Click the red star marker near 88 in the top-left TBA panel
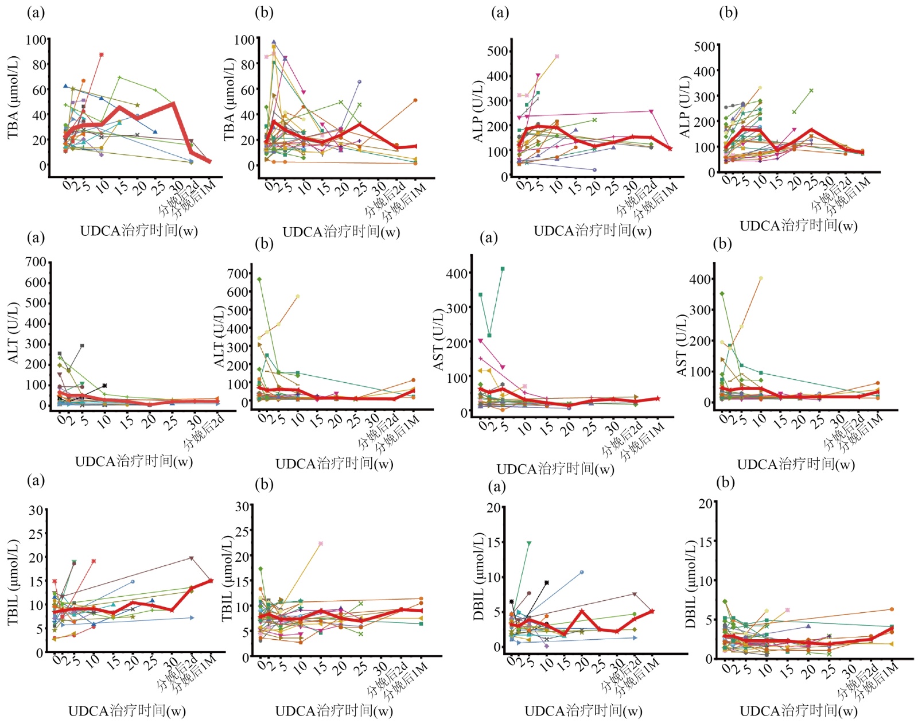[102, 55]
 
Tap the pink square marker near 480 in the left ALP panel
[557, 56]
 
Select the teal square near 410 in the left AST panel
[503, 269]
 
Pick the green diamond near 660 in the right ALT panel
[259, 279]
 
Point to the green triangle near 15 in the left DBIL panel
[529, 543]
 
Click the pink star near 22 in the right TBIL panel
[321, 543]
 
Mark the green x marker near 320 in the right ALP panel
[811, 91]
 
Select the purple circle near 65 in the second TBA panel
[360, 81]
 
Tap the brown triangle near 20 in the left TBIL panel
[192, 558]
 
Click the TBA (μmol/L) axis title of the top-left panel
[13, 98]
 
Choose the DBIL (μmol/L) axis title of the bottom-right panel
[691, 584]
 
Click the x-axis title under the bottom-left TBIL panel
[127, 712]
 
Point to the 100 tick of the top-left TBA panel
[36, 40]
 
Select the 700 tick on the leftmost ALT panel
[36, 262]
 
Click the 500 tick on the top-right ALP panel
[705, 46]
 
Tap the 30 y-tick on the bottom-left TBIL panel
[36, 510]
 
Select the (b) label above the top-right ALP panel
[728, 13]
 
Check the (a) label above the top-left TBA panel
[36, 13]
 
